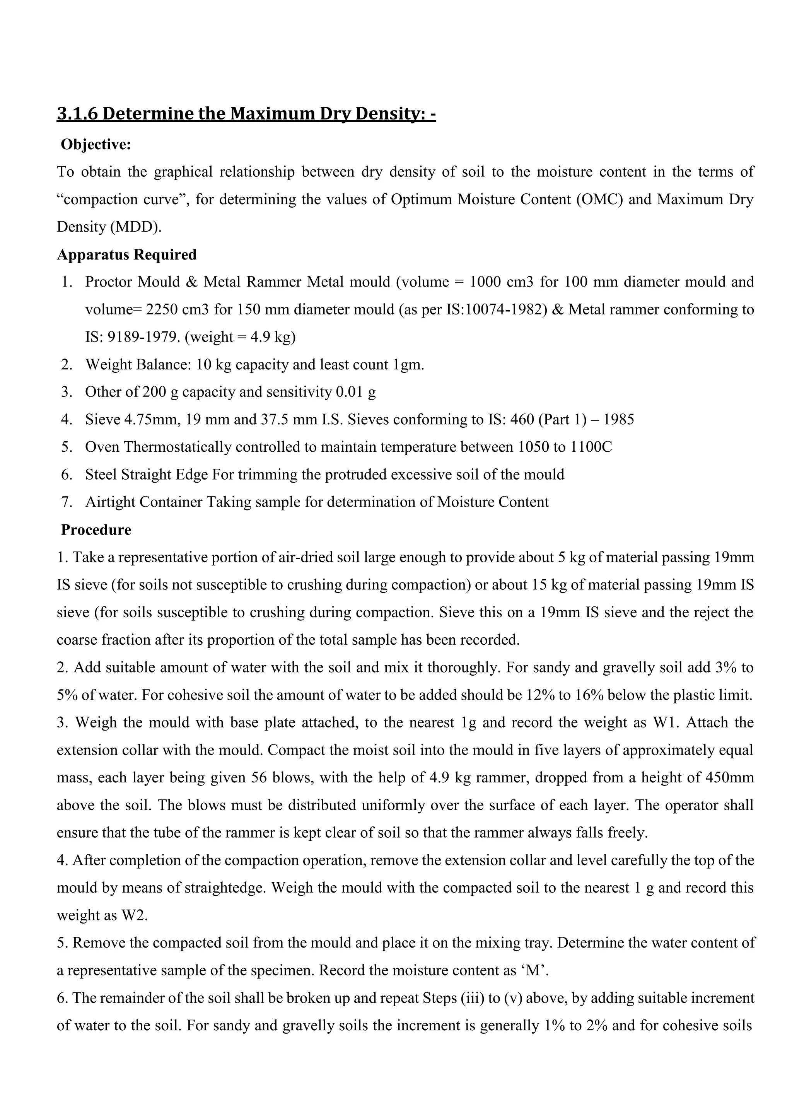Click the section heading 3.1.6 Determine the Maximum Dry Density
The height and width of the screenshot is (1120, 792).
point(246,114)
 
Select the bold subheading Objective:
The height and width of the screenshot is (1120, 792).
point(96,145)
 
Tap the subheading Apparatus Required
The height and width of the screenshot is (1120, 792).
point(127,254)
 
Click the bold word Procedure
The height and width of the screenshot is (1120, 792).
point(96,530)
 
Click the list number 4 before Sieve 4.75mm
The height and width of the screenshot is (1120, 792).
point(67,420)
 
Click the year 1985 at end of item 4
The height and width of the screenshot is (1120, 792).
point(618,420)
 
